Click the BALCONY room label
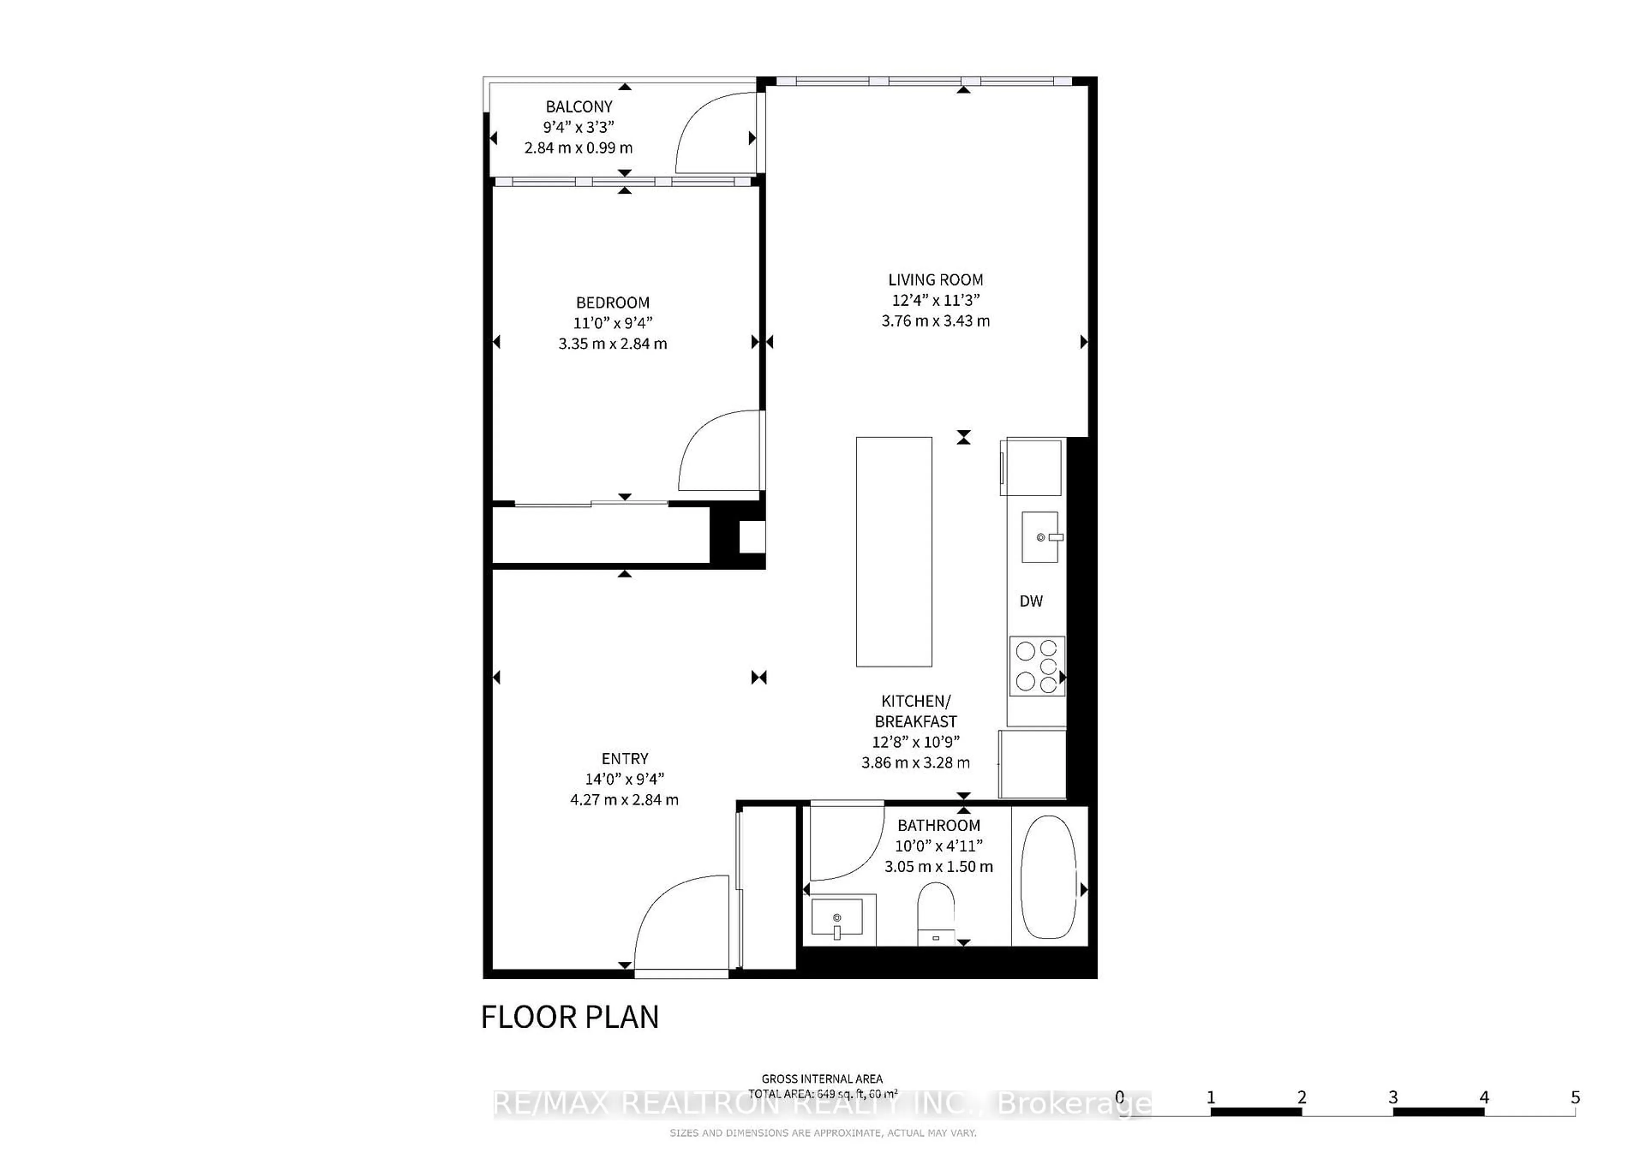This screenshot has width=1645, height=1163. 579,107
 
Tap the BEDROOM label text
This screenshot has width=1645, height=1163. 613,303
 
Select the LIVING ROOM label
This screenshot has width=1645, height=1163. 935,280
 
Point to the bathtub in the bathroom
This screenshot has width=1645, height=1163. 1048,877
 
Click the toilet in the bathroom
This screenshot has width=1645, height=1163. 936,913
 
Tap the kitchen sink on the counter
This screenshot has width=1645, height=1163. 1040,537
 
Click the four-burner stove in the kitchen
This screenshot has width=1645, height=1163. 1037,666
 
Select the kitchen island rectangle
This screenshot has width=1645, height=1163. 894,552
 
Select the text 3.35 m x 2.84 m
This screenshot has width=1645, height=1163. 613,344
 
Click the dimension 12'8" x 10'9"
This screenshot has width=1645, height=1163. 915,742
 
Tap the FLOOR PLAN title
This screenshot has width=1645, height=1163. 570,1017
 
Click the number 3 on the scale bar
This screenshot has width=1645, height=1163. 1393,1097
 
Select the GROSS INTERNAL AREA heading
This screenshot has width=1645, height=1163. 822,1079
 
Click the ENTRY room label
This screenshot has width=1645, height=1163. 625,758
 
